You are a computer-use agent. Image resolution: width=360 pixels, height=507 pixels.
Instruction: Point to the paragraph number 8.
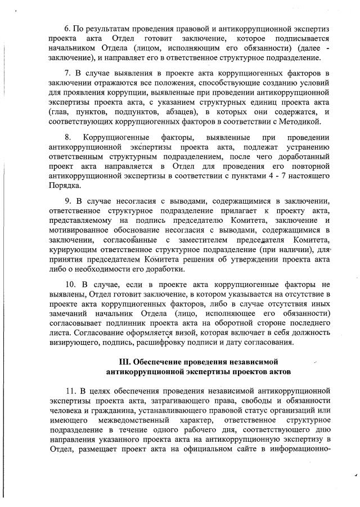[x=68, y=137]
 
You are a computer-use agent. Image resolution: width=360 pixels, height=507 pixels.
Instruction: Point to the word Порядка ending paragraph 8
[x=65, y=185]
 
